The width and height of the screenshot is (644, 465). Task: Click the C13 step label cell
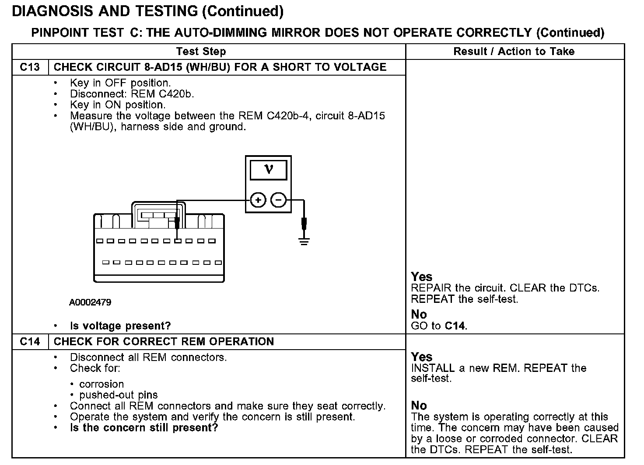pyautogui.click(x=30, y=67)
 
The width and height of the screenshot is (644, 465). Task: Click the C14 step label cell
pyautogui.click(x=30, y=342)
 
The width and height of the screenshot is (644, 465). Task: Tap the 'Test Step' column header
pyautogui.click(x=201, y=52)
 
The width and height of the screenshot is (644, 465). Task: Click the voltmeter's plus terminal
pyautogui.click(x=258, y=201)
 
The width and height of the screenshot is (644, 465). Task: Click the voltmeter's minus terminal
pyautogui.click(x=279, y=201)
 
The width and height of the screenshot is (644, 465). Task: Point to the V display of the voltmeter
pyautogui.click(x=268, y=170)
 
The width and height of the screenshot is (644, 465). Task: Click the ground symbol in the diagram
pyautogui.click(x=304, y=240)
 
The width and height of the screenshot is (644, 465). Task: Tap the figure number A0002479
pyautogui.click(x=90, y=302)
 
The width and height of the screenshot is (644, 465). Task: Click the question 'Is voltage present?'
pyautogui.click(x=120, y=326)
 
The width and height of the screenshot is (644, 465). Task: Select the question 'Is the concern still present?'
pyautogui.click(x=144, y=428)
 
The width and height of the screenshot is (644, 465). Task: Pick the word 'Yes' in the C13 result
pyautogui.click(x=421, y=277)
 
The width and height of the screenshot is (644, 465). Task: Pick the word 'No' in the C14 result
pyautogui.click(x=419, y=406)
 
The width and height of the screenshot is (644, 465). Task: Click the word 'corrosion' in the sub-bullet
pyautogui.click(x=101, y=385)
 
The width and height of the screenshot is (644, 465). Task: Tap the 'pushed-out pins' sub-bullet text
pyautogui.click(x=118, y=395)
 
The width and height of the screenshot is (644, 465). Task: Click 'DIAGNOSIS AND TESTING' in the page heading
pyautogui.click(x=105, y=11)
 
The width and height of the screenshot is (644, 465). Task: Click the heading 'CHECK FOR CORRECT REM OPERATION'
pyautogui.click(x=164, y=342)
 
